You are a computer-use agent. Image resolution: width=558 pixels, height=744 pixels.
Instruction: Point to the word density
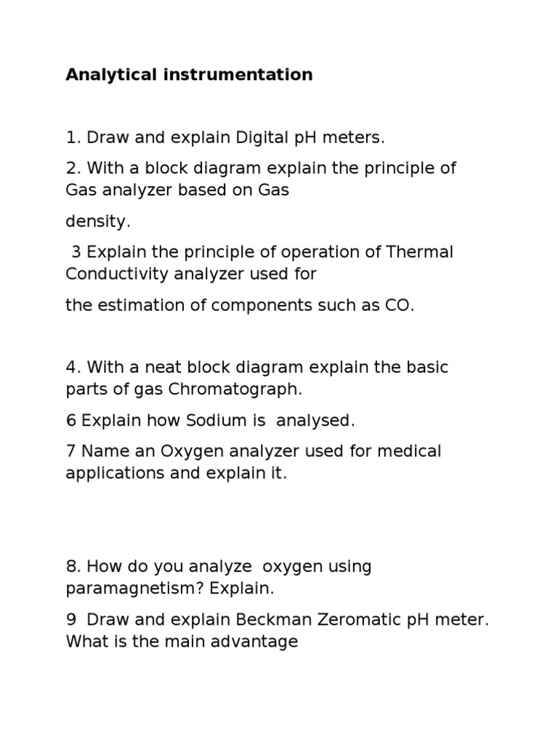tap(98, 222)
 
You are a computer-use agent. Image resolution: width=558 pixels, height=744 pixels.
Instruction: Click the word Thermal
tap(420, 252)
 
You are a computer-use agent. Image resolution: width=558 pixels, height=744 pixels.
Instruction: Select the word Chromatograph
tap(235, 389)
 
